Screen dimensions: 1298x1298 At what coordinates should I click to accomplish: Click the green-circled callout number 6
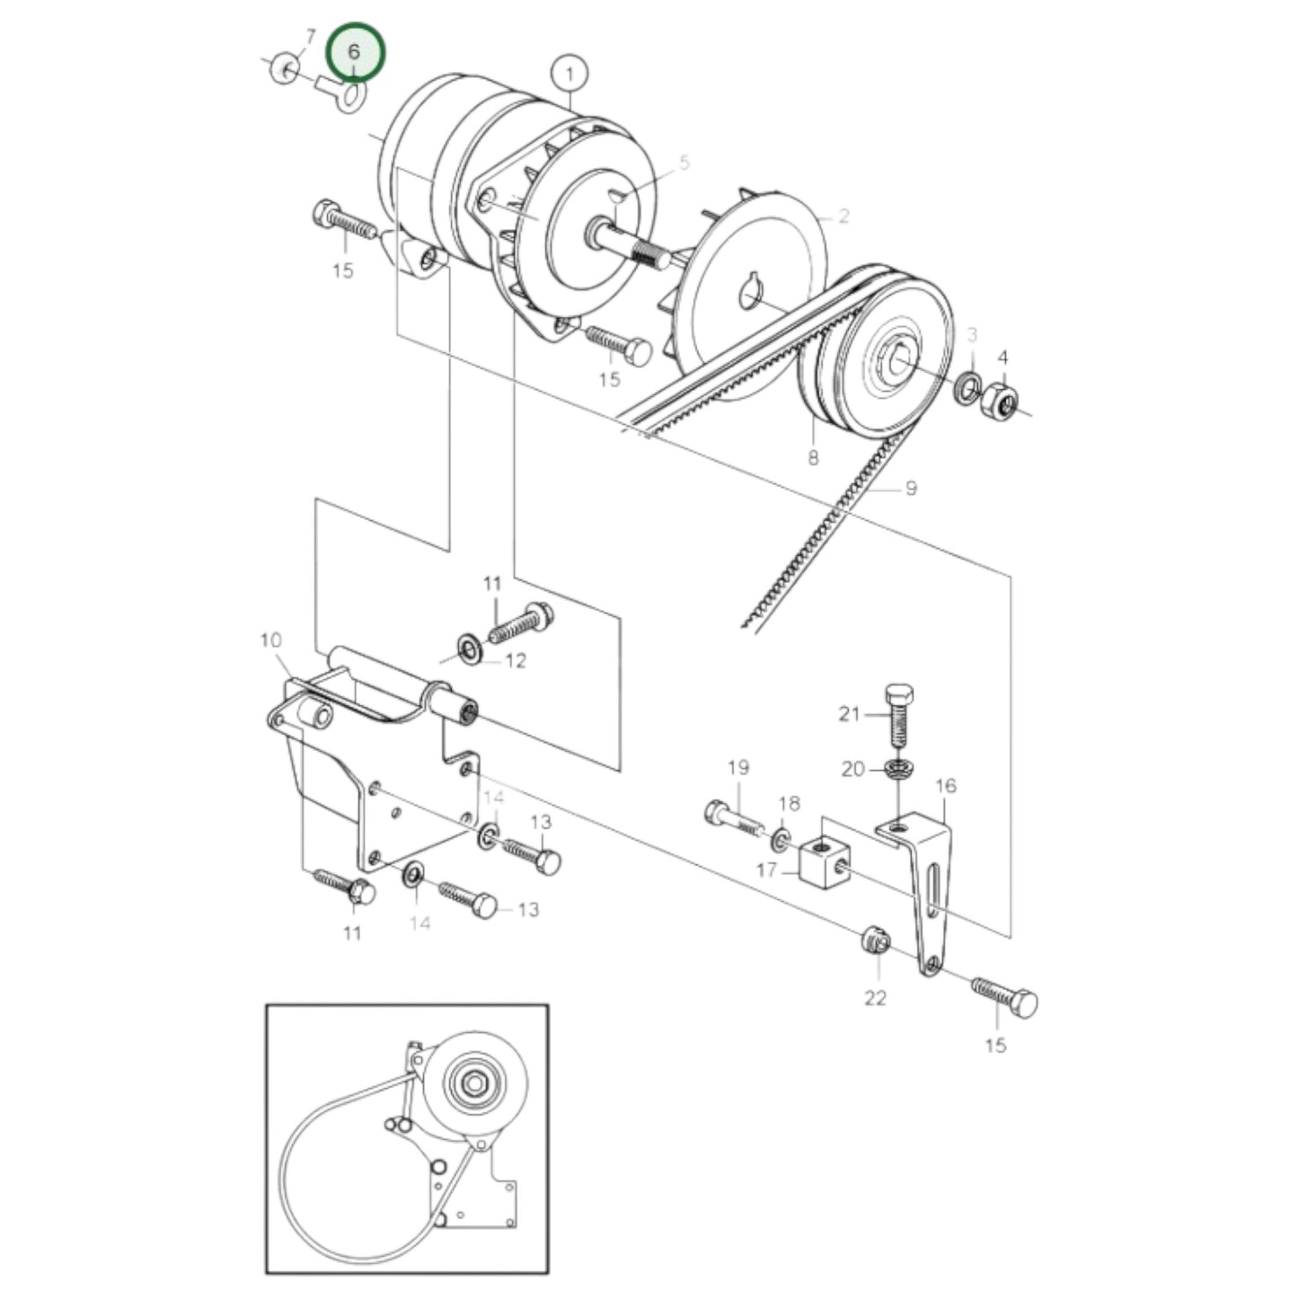[x=354, y=52]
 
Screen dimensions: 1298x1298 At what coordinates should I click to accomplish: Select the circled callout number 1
[x=570, y=71]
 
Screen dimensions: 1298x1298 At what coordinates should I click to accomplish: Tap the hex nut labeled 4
[x=1000, y=401]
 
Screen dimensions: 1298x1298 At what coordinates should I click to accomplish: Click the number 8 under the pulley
[x=813, y=458]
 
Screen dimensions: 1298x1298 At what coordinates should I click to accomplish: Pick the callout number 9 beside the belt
[x=911, y=489]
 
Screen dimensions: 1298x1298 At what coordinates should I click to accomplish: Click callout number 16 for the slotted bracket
[x=946, y=787]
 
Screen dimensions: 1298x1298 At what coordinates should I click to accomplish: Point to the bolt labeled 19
[x=732, y=817]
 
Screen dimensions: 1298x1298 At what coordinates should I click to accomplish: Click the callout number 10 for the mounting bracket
[x=270, y=640]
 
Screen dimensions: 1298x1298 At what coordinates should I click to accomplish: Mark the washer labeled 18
[x=782, y=840]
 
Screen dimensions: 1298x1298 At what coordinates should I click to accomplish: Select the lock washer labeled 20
[x=896, y=769]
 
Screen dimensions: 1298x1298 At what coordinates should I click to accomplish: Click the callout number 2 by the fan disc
[x=843, y=216]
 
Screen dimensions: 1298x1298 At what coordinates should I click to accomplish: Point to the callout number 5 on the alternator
[x=684, y=163]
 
